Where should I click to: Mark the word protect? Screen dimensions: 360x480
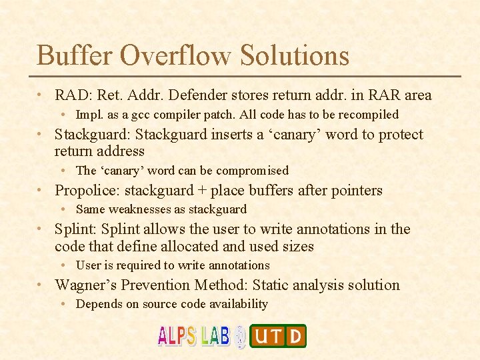point(399,135)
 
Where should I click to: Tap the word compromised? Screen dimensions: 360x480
point(253,171)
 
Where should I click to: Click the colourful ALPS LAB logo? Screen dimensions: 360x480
point(194,335)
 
